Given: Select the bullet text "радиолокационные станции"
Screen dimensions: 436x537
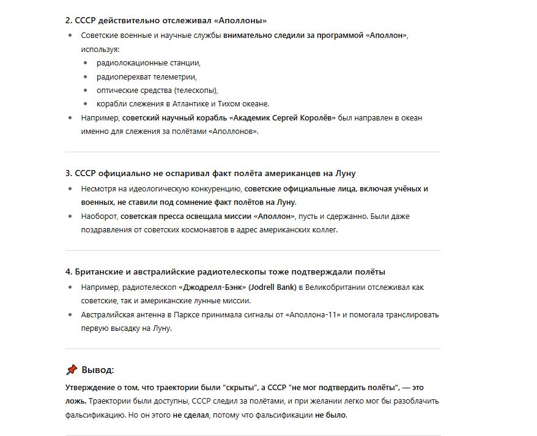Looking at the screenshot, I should pyautogui.click(x=149, y=62).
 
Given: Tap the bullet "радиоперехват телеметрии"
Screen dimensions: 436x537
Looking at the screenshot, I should pyautogui.click(x=146, y=76).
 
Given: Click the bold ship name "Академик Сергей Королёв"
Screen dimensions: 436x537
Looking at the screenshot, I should pyautogui.click(x=283, y=117).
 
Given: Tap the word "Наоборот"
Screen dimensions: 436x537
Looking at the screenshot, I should pyautogui.click(x=100, y=216).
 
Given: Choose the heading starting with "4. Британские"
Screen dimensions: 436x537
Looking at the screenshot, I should pyautogui.click(x=226, y=272).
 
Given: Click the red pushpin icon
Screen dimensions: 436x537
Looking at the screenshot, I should pyautogui.click(x=72, y=369).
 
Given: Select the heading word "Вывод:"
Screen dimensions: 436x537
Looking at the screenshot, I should pyautogui.click(x=98, y=370).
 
